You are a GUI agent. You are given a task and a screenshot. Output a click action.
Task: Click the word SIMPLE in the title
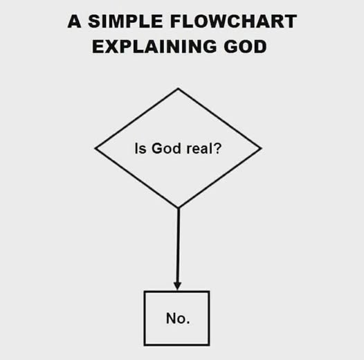coord(125,21)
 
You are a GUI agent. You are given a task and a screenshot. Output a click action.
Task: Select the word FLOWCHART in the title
coord(233,21)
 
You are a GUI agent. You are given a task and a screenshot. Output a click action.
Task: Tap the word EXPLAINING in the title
coord(154,46)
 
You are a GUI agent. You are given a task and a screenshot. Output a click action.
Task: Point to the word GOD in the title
coord(245,46)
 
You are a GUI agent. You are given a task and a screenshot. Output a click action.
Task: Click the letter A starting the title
coord(74,21)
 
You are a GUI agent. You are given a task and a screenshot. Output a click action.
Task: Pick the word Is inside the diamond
coord(140,148)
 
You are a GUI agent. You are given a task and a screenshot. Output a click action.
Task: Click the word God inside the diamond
coord(166,148)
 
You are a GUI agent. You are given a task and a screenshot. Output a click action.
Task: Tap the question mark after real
coord(217,148)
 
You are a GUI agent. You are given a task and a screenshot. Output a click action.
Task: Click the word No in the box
coord(176,318)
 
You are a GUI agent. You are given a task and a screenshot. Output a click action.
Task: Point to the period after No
coord(188,323)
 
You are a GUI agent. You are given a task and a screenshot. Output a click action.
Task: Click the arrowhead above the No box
coord(178,286)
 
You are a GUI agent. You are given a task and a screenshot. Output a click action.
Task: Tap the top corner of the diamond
coord(178,88)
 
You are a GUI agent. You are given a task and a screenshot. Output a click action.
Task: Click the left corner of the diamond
coord(95,148)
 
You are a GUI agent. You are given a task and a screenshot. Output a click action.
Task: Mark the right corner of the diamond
coord(262,148)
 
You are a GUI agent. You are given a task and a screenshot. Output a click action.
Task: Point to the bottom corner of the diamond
coord(179,208)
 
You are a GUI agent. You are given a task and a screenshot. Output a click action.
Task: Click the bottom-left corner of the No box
coord(145,345)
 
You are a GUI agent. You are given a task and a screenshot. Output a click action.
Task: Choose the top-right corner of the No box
coord(210,291)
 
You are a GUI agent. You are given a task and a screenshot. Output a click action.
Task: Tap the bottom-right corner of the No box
coord(210,345)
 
